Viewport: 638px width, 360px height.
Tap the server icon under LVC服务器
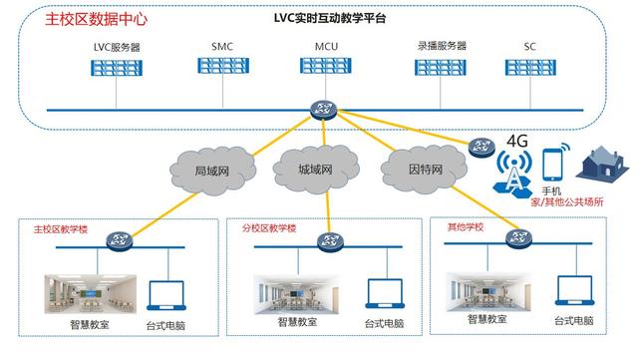117,67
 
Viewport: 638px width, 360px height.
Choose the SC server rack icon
528,67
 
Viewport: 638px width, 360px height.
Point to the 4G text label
517,139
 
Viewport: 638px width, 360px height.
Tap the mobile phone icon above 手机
555,165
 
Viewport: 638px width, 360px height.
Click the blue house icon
604,163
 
